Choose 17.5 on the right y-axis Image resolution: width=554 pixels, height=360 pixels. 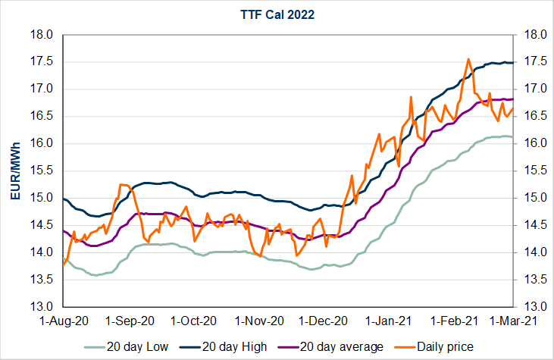pyautogui.click(x=527, y=62)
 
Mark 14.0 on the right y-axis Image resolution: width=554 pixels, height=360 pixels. pyautogui.click(x=527, y=252)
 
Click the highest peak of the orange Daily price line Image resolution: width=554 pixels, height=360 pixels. pyautogui.click(x=468, y=59)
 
